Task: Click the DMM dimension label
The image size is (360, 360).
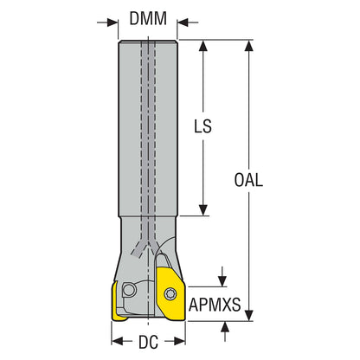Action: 148,19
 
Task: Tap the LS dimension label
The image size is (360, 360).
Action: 202,126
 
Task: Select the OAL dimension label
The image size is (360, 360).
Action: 248,180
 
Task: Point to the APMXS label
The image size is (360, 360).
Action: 215,305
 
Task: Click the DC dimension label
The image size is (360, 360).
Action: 148,343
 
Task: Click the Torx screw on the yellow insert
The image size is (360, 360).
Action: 170,294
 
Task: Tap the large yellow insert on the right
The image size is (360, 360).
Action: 170,293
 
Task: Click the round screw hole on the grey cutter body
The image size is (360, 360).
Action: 129,290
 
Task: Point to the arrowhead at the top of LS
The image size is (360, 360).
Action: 203,46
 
